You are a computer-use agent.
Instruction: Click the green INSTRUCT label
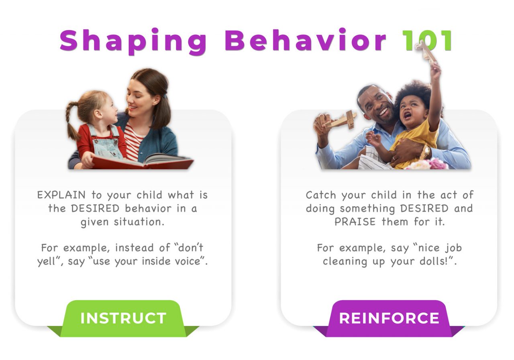coord(123,318)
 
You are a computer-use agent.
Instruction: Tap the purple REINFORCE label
coord(389,318)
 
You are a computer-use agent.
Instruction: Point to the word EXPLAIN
coord(61,195)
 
